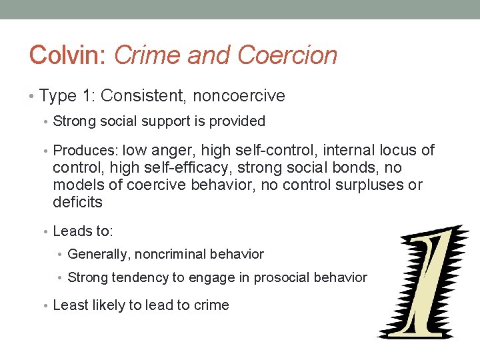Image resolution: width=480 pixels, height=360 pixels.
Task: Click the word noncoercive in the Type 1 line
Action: coord(239,96)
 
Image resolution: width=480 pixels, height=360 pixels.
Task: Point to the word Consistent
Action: coord(144,96)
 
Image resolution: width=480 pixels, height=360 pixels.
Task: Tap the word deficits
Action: coord(77,202)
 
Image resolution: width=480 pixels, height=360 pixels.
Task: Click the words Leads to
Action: coord(83,231)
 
